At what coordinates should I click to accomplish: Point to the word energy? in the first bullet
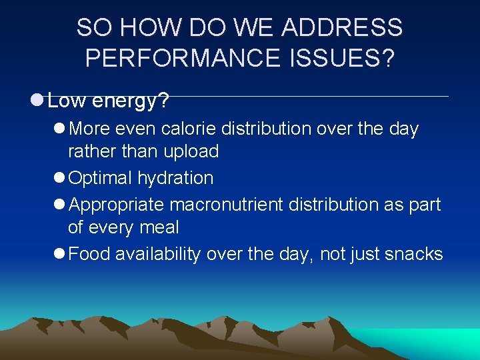(x=131, y=102)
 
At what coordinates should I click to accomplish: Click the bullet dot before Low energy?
(x=37, y=101)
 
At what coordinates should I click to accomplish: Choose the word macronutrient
(x=227, y=204)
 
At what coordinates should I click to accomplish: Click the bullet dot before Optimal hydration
(x=59, y=178)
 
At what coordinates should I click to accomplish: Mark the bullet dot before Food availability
(x=59, y=253)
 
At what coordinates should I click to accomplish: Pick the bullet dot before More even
(x=59, y=128)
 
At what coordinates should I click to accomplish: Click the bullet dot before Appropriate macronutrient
(x=59, y=204)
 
